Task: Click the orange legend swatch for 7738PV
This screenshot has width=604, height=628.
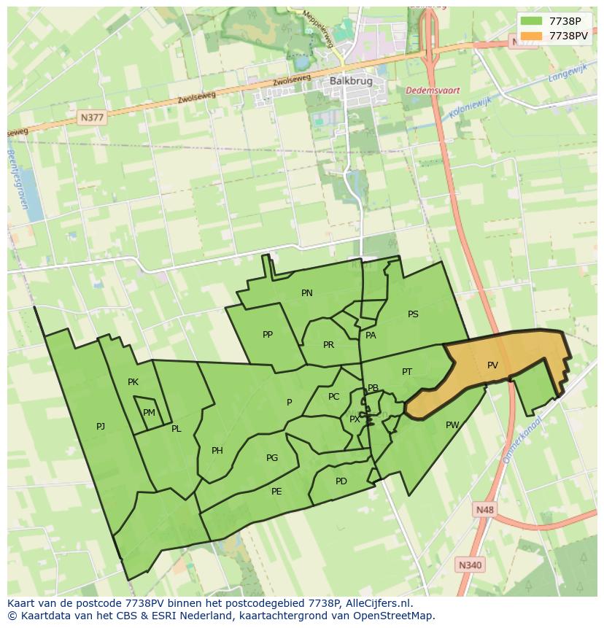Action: pyautogui.click(x=531, y=36)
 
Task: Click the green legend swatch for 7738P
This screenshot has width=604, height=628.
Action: pyautogui.click(x=531, y=20)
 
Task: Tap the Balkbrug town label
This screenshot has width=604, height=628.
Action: pyautogui.click(x=346, y=81)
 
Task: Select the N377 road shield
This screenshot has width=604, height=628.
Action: pyautogui.click(x=93, y=117)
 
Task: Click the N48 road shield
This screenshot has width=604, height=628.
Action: pyautogui.click(x=483, y=509)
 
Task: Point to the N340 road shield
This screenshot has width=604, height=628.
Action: pyautogui.click(x=471, y=565)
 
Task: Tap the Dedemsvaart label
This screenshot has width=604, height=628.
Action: pyautogui.click(x=433, y=90)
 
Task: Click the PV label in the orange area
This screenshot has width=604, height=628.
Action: pyautogui.click(x=492, y=365)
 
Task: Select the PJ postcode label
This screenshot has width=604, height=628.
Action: pyautogui.click(x=101, y=427)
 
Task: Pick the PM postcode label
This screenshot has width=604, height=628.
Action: pyautogui.click(x=149, y=413)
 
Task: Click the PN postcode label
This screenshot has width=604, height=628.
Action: pyautogui.click(x=307, y=293)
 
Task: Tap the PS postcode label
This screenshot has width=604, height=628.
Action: pyautogui.click(x=413, y=314)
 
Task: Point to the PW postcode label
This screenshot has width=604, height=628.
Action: pyautogui.click(x=452, y=425)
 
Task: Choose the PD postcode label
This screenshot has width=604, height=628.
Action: pyautogui.click(x=341, y=481)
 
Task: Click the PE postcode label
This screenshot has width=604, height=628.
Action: pyautogui.click(x=276, y=492)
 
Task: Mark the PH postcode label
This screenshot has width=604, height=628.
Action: pyautogui.click(x=217, y=451)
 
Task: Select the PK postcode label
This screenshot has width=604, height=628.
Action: pyautogui.click(x=133, y=382)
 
